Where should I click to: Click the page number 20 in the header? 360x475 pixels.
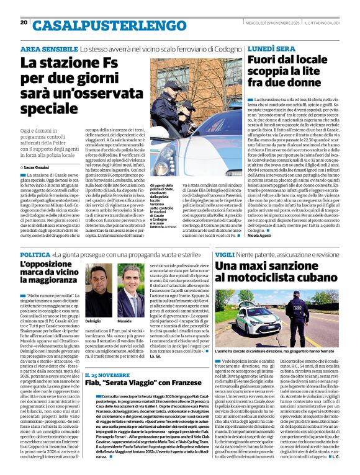click(24, 22)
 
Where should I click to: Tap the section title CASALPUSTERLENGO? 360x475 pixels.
click(106, 25)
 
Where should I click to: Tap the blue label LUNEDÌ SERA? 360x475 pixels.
click(272, 48)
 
